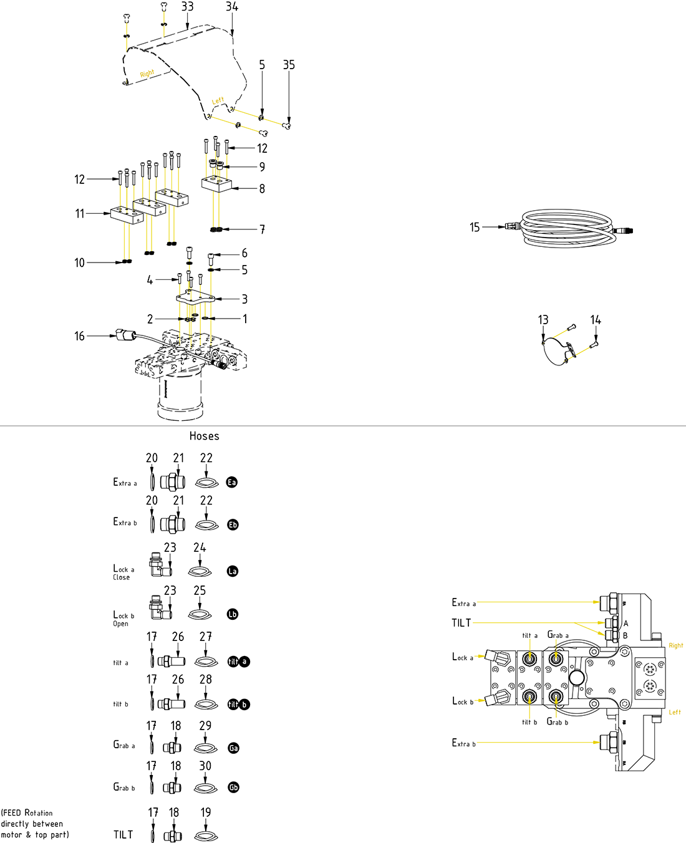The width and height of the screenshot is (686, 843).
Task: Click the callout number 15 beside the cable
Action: (475, 228)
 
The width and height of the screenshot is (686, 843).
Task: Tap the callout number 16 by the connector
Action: (79, 336)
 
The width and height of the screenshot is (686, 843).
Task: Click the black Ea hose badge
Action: (232, 482)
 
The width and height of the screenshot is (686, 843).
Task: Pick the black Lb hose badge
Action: (233, 614)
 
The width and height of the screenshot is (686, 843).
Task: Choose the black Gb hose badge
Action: (233, 788)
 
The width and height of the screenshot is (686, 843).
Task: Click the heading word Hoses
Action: (204, 436)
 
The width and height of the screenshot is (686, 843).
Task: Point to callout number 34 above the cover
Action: (231, 7)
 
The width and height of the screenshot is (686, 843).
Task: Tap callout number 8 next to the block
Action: (262, 188)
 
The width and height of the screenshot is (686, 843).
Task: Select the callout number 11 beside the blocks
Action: (79, 214)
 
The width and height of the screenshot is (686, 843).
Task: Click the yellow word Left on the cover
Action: (218, 100)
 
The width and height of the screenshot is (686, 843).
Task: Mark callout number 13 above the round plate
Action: (543, 320)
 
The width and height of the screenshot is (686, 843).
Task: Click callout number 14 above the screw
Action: (596, 320)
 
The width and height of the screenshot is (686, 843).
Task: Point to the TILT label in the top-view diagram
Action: (461, 623)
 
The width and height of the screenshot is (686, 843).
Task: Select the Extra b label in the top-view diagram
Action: (463, 743)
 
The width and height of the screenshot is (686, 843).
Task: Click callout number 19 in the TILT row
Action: (206, 812)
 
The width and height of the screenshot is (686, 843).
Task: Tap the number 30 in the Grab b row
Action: (205, 766)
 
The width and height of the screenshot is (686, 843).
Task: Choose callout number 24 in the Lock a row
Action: (200, 547)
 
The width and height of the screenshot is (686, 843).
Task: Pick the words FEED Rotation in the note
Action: (28, 813)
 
